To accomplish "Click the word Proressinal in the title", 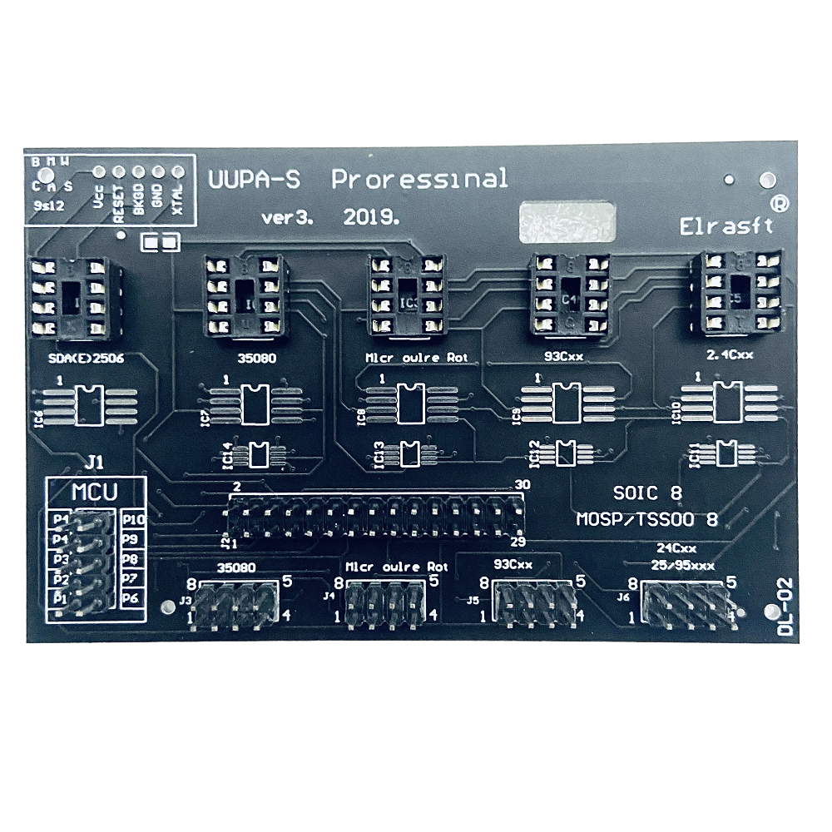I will point(419,179).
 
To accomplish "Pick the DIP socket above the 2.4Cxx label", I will point(737,295).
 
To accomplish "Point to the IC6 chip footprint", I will point(87,404).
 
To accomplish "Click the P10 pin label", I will point(134,520).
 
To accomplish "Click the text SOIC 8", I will point(646,493).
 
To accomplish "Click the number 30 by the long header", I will point(522,485).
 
